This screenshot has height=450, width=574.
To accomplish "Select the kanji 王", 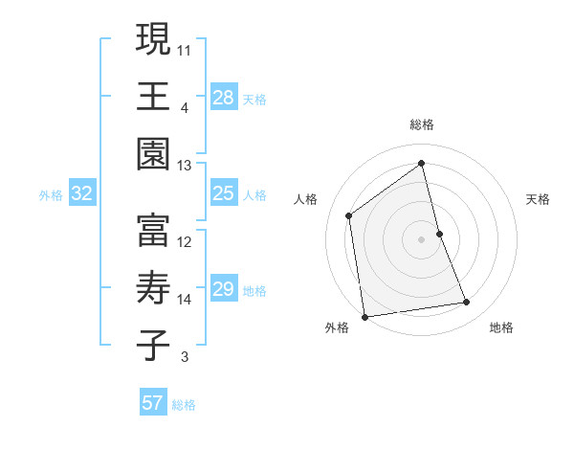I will (x=153, y=96).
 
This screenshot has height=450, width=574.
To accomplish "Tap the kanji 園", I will (x=153, y=154).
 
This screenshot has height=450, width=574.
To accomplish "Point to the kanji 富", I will (x=153, y=230).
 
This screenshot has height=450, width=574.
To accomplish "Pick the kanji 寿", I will (x=153, y=288).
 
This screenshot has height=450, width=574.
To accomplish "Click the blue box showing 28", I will (x=224, y=97).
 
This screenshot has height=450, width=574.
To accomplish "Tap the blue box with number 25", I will (x=224, y=193).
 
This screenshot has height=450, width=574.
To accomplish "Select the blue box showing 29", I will (x=224, y=289).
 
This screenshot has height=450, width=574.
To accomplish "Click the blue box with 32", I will (x=82, y=193).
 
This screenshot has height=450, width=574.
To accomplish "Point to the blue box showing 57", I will (x=153, y=403).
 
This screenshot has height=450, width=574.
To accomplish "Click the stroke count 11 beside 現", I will (x=185, y=48).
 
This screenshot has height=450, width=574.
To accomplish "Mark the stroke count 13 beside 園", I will (x=185, y=166).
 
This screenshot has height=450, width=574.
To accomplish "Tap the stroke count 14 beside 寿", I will (x=185, y=300).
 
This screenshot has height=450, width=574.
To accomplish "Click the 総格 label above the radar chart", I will (x=422, y=124).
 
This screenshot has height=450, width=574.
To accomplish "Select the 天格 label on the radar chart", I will (x=539, y=199).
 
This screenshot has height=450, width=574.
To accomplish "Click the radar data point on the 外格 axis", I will (x=364, y=316).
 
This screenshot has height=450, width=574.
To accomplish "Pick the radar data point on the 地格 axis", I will (x=467, y=303).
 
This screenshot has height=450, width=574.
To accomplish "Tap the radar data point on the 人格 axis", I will (x=349, y=215).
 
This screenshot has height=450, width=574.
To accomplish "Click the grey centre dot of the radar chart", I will (x=422, y=238).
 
